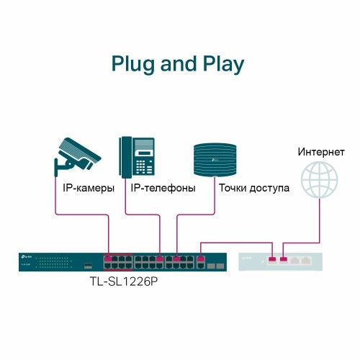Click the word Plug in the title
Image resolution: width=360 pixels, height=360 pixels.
click(x=133, y=65)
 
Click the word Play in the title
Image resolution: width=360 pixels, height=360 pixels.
click(x=220, y=65)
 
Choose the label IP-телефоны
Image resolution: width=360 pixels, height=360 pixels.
click(x=163, y=189)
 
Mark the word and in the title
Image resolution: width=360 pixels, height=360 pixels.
click(x=176, y=65)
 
